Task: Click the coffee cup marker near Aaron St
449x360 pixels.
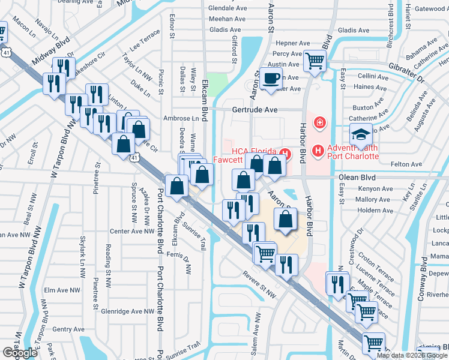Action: coord(272,78)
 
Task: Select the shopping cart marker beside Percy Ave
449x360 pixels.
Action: coord(314,60)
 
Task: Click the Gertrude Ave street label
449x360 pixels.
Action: coord(255,110)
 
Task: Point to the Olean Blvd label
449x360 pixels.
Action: coord(357,178)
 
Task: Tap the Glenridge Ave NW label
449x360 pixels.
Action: coord(128,311)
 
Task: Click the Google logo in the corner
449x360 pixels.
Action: coord(20,353)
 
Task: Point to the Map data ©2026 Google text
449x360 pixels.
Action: coord(411,355)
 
